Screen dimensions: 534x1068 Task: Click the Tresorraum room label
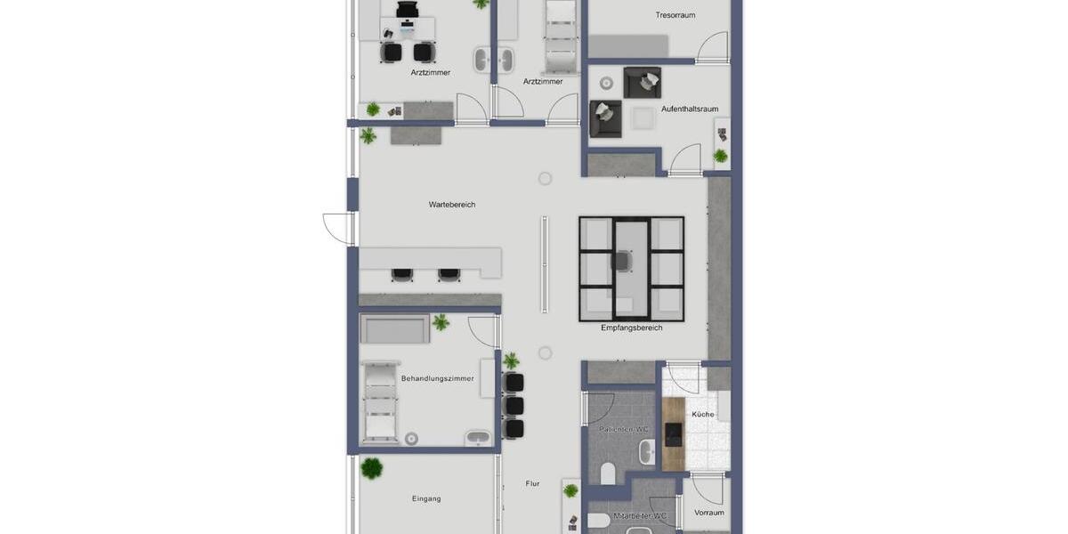(675, 15)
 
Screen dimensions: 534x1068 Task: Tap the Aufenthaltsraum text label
(689, 109)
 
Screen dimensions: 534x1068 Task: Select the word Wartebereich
(452, 205)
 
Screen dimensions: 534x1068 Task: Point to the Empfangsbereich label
(631, 328)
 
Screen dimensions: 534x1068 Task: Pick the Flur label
(532, 484)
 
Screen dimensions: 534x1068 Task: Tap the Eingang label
(426, 499)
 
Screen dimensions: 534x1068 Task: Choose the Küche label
(703, 415)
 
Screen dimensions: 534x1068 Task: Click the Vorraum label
(708, 513)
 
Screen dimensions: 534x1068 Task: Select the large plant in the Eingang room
(372, 468)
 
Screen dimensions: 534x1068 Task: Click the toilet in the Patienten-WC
(608, 473)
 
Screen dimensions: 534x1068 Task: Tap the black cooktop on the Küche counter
(674, 434)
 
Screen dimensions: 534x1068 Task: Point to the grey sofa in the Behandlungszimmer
(394, 328)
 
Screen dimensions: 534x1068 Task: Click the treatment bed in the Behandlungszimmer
(380, 400)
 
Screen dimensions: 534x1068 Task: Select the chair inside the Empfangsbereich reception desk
(622, 261)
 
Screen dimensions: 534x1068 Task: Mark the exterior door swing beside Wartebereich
(338, 228)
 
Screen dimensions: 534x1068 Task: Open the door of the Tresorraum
(712, 47)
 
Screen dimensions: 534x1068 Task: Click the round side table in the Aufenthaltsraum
(607, 84)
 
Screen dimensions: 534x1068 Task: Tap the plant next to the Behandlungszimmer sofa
(441, 322)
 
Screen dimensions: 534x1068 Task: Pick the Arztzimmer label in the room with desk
(430, 73)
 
